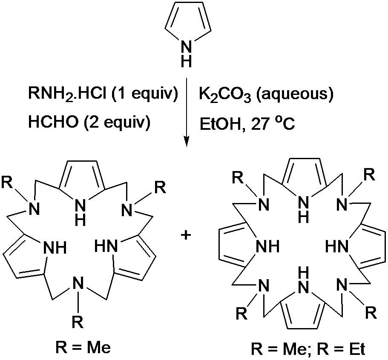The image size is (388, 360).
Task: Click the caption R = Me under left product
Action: pyautogui.click(x=83, y=348)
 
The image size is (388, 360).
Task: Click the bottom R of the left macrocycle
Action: pyautogui.click(x=77, y=322)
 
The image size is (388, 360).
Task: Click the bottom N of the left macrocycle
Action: pyautogui.click(x=77, y=283)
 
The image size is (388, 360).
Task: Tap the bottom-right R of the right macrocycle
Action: pyautogui.click(x=371, y=314)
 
